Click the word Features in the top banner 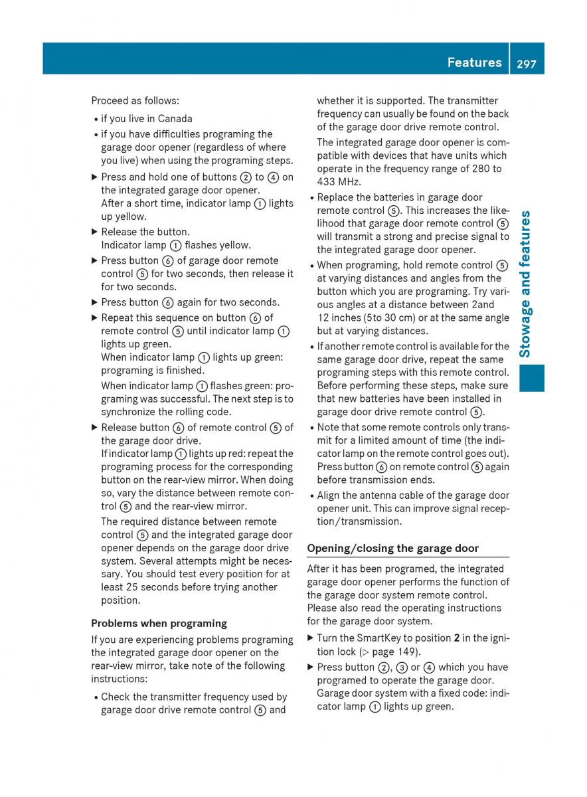(474, 62)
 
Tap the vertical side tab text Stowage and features (525, 284)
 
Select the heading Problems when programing (159, 623)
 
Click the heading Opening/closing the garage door (392, 548)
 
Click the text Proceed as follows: (135, 100)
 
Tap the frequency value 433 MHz (339, 181)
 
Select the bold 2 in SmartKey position (457, 638)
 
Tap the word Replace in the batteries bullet (335, 197)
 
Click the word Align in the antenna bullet (329, 495)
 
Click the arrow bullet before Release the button (94, 232)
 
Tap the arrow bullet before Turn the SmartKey (310, 638)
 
